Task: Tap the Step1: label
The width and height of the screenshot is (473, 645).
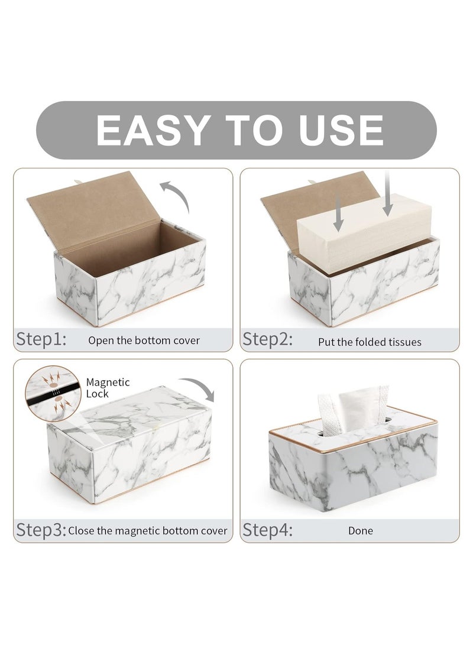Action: coord(41,339)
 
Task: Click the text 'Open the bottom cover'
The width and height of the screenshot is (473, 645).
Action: coord(144,341)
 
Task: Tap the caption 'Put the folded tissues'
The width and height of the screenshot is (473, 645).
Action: coord(370,342)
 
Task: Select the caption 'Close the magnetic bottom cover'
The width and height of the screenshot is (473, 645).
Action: coord(148,530)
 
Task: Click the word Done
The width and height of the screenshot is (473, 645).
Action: coord(361,531)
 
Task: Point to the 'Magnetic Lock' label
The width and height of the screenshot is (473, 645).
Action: coord(108,388)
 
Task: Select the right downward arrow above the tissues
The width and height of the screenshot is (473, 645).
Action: coord(388,196)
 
